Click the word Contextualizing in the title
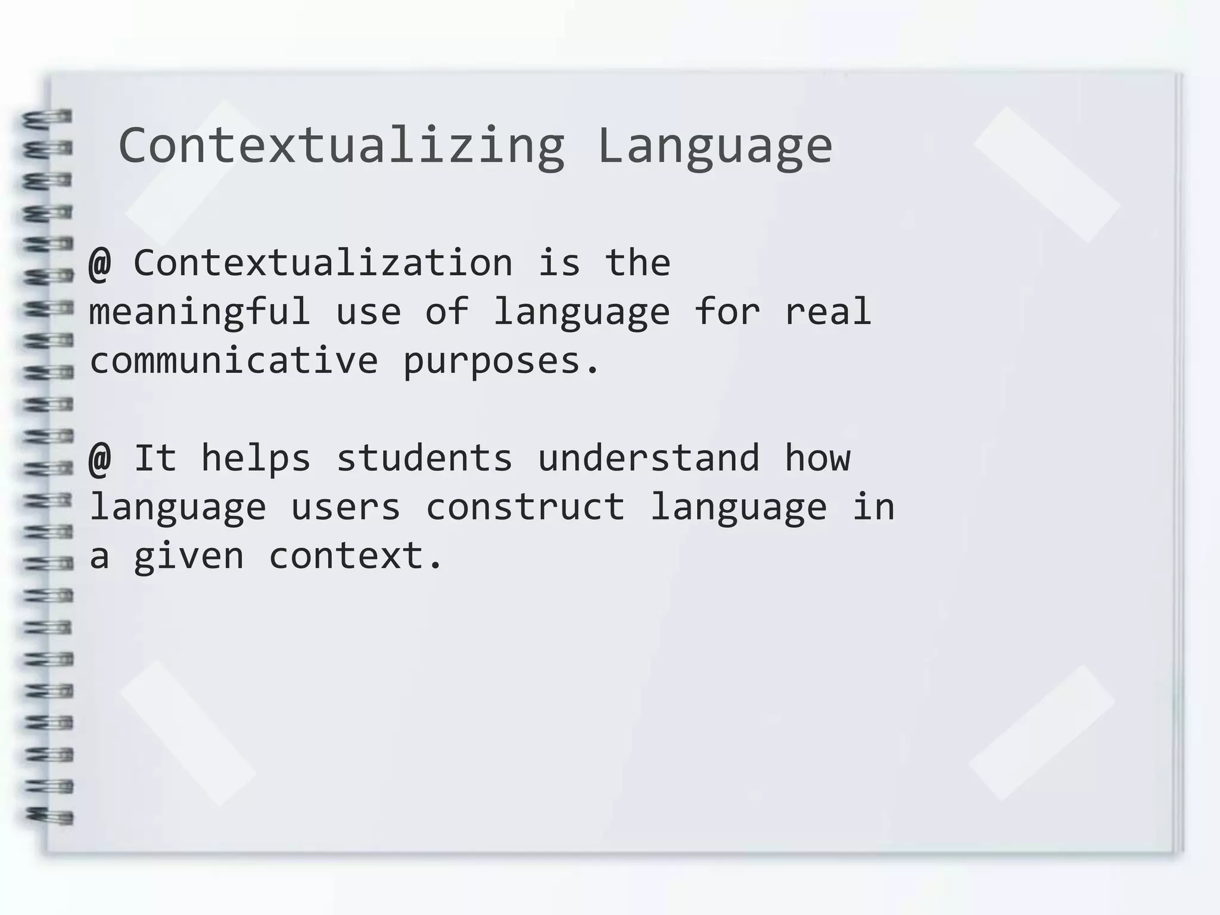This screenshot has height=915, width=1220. tap(341, 145)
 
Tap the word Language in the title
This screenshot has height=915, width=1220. tap(714, 147)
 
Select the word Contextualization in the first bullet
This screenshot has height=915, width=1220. tap(323, 263)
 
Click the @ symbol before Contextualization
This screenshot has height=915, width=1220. tap(99, 263)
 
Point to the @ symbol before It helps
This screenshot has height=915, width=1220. tap(99, 458)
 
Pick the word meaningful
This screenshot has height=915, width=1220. tap(200, 312)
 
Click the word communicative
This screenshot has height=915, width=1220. tap(234, 361)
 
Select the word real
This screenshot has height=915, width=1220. tap(827, 312)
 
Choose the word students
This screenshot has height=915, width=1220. tap(424, 458)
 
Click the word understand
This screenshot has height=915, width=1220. tap(649, 458)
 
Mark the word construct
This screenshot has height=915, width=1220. tap(525, 507)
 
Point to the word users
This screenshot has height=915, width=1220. tap(346, 507)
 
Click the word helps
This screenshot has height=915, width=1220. tap(256, 458)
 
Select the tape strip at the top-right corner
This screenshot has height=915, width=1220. tap(1047, 174)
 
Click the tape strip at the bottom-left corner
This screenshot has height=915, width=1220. tap(188, 733)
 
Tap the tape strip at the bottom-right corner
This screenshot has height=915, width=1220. tap(1041, 733)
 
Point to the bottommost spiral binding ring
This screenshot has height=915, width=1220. tap(49, 816)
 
